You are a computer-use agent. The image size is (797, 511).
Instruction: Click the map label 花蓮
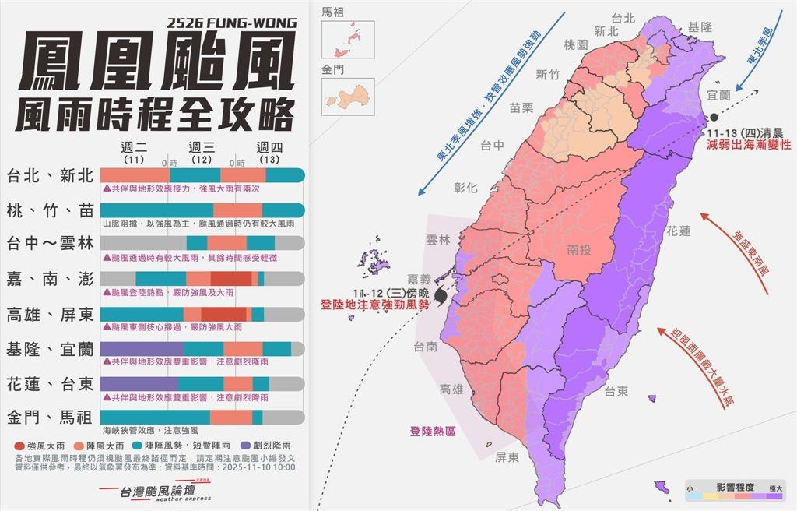pyautogui.click(x=678, y=231)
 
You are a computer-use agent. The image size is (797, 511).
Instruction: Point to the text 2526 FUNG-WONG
pyautogui.click(x=231, y=23)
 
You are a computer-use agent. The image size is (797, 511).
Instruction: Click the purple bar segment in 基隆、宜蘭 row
pyautogui.click(x=142, y=348)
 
